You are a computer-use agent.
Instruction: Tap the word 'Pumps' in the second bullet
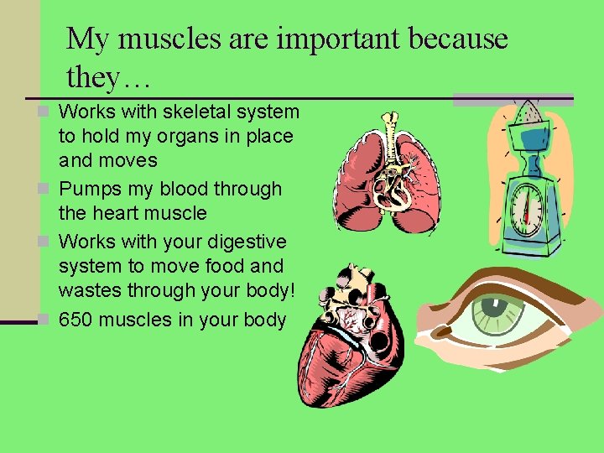[x=89, y=189]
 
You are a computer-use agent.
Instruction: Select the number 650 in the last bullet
[x=76, y=320]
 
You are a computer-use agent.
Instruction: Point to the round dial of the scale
[x=526, y=207]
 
